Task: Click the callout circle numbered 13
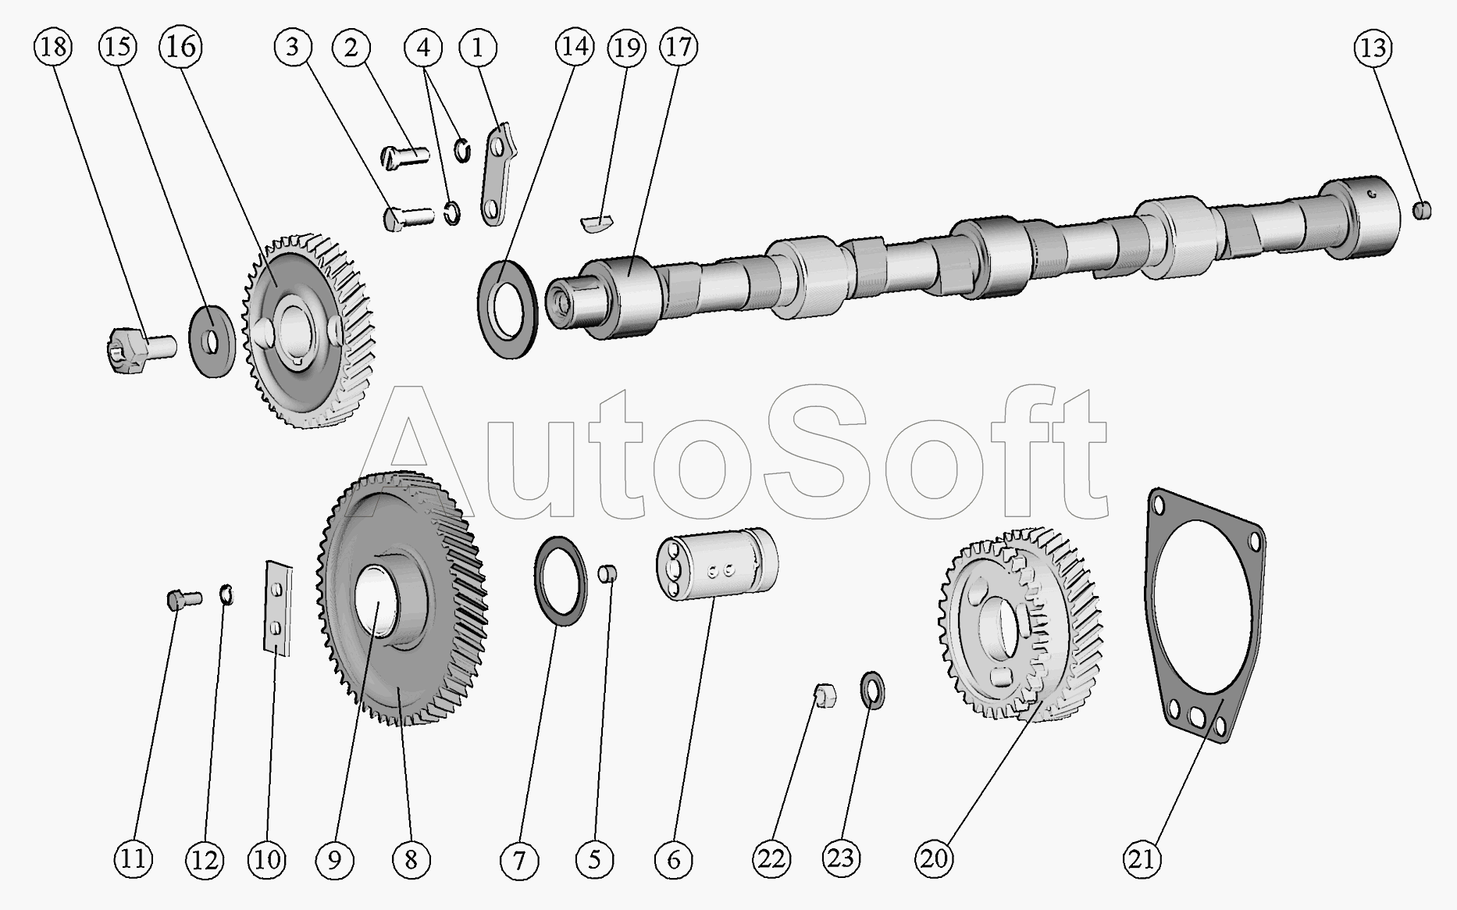[1373, 48]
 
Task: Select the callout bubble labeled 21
[1142, 859]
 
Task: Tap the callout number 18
[53, 47]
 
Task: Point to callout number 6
[673, 860]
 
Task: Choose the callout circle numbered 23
[841, 858]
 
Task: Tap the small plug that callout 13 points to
[1423, 210]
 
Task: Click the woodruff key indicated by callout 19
[598, 220]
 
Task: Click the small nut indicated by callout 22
[826, 694]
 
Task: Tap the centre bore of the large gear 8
[376, 607]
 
